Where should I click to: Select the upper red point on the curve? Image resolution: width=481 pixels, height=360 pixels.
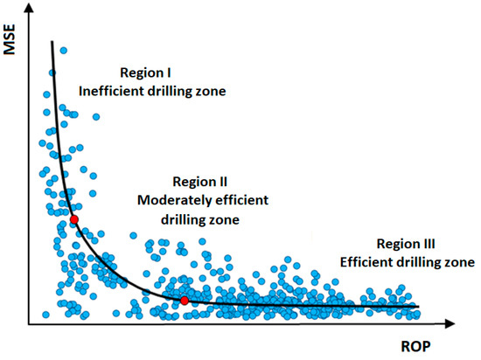pos(74,219)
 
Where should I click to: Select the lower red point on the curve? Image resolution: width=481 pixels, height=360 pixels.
pos(185,301)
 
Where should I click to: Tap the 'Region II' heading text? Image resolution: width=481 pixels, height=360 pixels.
pos(200,182)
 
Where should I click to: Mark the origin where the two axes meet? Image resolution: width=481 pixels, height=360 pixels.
pos(31,323)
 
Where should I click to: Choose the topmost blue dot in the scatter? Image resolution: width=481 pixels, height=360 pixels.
pos(63,51)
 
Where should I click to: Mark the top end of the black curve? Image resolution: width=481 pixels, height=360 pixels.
pos(52,41)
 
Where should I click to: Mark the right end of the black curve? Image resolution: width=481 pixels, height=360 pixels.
pos(419,307)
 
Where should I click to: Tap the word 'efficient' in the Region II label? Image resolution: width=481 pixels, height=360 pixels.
pos(238,200)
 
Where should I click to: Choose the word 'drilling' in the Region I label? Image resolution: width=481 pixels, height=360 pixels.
pos(192,91)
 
